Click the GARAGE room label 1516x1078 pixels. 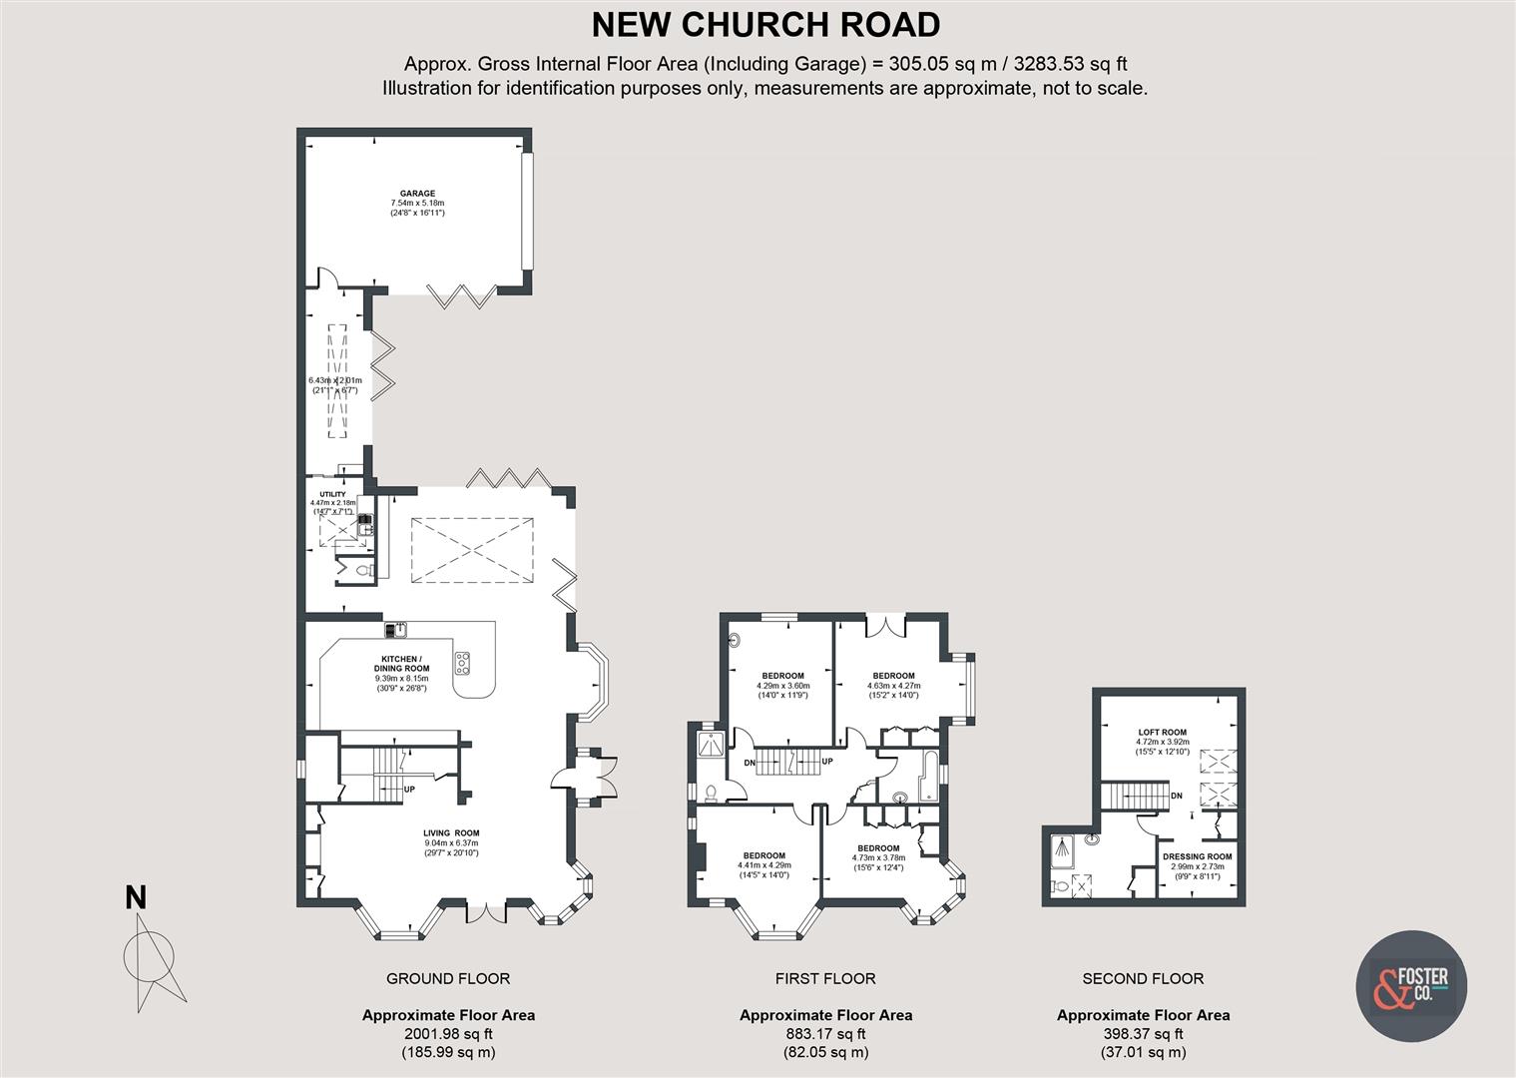tap(417, 194)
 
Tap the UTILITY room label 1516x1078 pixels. tap(332, 494)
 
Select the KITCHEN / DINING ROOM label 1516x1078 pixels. tap(402, 664)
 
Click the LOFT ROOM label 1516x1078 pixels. tap(1163, 732)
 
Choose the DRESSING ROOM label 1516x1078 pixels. tap(1197, 856)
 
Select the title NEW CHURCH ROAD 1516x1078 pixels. tap(765, 24)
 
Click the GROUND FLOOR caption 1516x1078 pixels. tap(448, 978)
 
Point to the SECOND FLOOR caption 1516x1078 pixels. tap(1143, 978)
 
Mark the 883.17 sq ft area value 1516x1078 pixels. tap(824, 1034)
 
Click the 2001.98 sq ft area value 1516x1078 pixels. tap(448, 1034)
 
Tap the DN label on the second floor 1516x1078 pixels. tap(1177, 796)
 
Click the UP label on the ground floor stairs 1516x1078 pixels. tap(409, 790)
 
